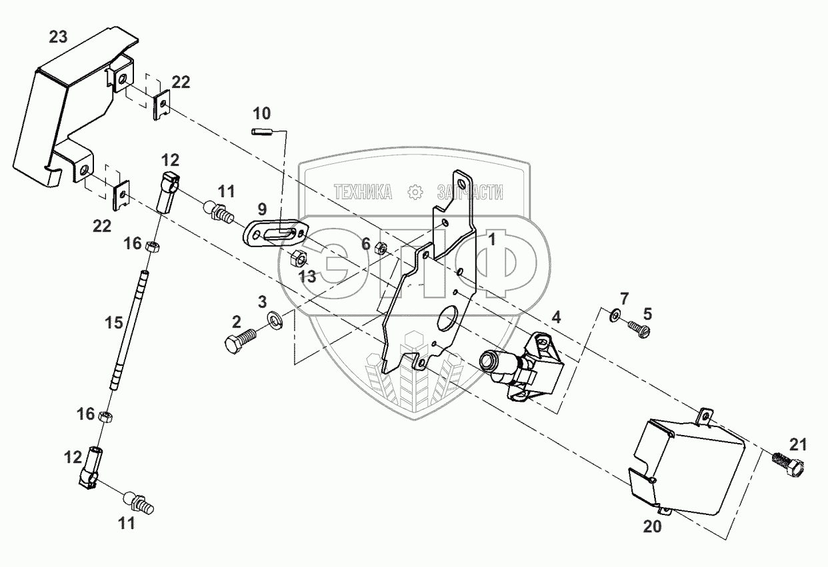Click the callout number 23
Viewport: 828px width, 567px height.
(x=58, y=37)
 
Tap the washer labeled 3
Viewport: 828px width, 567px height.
(x=274, y=321)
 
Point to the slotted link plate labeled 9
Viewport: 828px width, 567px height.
(x=274, y=235)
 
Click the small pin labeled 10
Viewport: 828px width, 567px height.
(x=263, y=131)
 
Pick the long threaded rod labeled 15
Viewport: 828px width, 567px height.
(x=131, y=330)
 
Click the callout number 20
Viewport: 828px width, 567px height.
(x=653, y=526)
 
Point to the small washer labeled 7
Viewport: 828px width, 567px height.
(x=615, y=313)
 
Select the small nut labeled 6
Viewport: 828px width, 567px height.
(x=382, y=249)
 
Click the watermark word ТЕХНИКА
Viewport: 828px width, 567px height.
(x=363, y=193)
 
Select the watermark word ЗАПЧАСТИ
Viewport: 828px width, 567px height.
(x=469, y=193)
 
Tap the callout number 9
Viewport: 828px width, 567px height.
(x=262, y=208)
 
